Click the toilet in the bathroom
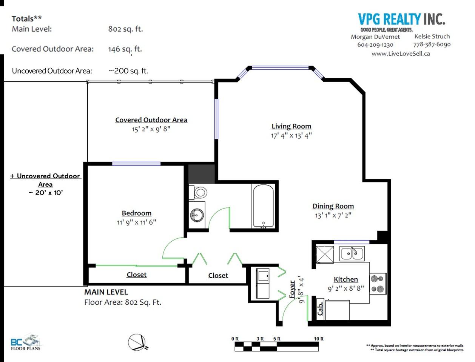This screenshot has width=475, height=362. tap(198, 192)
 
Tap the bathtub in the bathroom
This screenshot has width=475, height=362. tap(263, 206)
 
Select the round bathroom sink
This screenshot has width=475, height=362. tap(197, 215)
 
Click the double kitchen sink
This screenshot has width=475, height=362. tap(352, 253)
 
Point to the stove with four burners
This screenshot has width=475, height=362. tap(378, 284)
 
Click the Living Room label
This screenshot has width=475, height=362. tap(291, 126)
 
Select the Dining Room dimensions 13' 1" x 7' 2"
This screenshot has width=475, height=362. tap(333, 215)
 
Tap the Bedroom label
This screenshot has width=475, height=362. tap(137, 213)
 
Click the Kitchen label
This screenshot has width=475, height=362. tap(345, 279)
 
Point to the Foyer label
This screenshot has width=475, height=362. tap(292, 289)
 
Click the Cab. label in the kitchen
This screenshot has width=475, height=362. tap(320, 308)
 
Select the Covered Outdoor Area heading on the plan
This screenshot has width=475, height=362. tap(151, 120)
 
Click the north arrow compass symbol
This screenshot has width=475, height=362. tap(137, 342)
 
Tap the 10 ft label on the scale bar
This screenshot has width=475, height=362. tap(319, 339)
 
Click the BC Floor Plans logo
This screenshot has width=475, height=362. tap(26, 342)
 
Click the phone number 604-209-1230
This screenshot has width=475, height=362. tap(375, 45)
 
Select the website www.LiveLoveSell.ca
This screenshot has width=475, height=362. tap(401, 54)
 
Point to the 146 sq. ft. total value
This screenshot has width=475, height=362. tap(125, 49)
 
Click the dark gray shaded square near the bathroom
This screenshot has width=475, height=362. tap(202, 174)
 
